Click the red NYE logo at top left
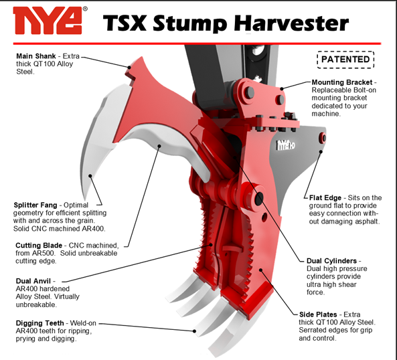click(48, 21)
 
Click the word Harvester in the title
click(291, 23)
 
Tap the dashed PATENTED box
click(345, 60)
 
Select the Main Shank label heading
click(36, 56)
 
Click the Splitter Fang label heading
click(35, 205)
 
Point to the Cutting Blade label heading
click(39, 246)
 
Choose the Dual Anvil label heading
click(33, 281)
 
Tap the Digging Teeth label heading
click(39, 323)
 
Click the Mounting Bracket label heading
click(342, 82)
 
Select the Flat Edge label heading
click(325, 197)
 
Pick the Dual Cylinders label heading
click(331, 261)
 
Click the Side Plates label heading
click(318, 314)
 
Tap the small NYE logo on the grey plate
click(285, 145)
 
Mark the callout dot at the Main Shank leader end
click(129, 68)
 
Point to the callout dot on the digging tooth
click(194, 331)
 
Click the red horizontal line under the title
click(197, 43)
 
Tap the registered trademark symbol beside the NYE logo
click(85, 9)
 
